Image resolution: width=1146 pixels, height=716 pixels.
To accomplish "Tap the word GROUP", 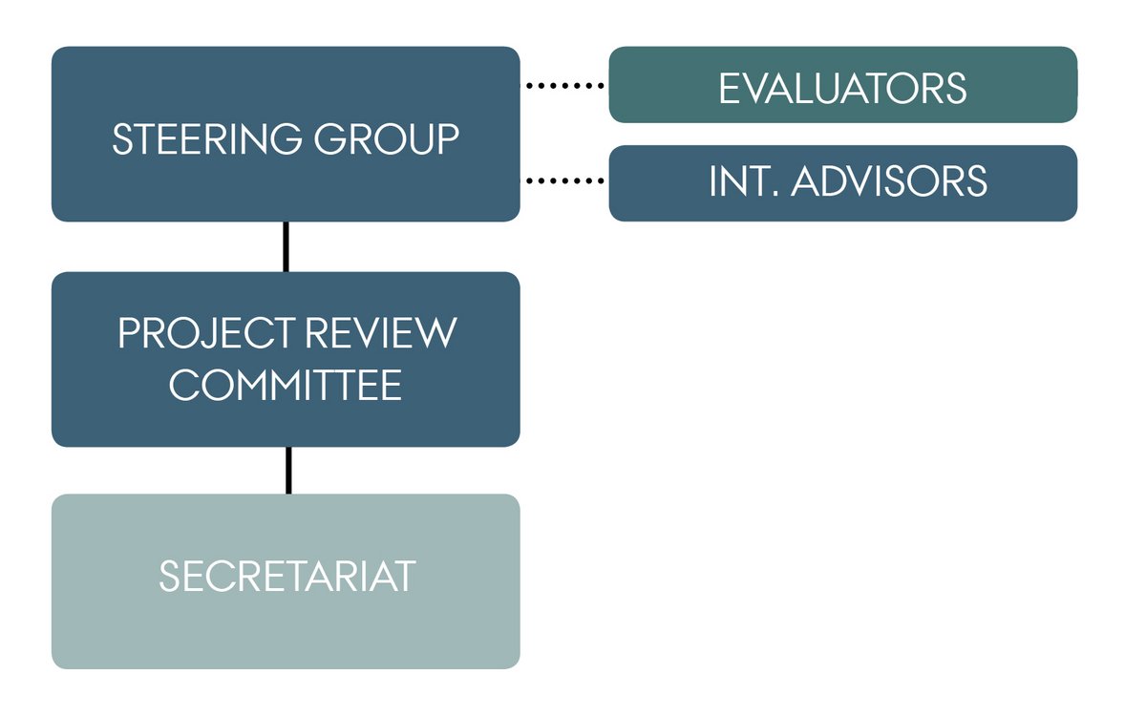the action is click(x=387, y=138).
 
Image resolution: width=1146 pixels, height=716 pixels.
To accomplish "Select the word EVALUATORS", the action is click(x=842, y=89).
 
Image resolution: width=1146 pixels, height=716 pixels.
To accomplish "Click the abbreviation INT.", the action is click(x=744, y=180).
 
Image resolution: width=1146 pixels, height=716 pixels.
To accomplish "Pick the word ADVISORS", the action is click(x=889, y=180).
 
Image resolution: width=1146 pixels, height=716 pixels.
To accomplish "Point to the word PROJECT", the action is click(x=205, y=333).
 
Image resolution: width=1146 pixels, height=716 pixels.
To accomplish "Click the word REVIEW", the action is click(x=381, y=333).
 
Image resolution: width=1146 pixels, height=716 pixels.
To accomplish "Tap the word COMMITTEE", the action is click(x=286, y=385).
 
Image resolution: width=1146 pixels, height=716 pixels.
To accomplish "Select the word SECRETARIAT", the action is click(x=287, y=576).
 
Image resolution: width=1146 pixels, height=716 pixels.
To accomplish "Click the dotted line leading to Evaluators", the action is click(x=564, y=85).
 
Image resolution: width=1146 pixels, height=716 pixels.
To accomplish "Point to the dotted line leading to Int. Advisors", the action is click(x=564, y=180).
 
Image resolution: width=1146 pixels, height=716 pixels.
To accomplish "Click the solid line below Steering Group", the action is click(x=286, y=247).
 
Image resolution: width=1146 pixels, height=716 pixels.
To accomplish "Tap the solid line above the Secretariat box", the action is click(x=288, y=471).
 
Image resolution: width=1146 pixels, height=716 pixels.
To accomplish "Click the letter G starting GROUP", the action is click(x=330, y=138).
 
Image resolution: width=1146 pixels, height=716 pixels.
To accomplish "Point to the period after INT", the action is click(x=775, y=193).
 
